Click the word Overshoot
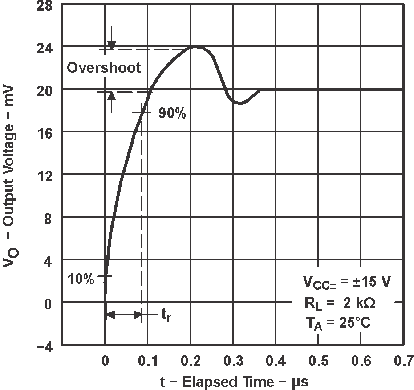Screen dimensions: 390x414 click(104, 68)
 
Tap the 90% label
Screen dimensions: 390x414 click(172, 113)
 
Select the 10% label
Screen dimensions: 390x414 click(81, 279)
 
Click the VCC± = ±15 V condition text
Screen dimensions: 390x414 click(347, 282)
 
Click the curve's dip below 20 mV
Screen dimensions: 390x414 click(240, 103)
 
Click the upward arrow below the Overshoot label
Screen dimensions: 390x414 click(111, 101)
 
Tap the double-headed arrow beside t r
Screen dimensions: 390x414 click(124, 315)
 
